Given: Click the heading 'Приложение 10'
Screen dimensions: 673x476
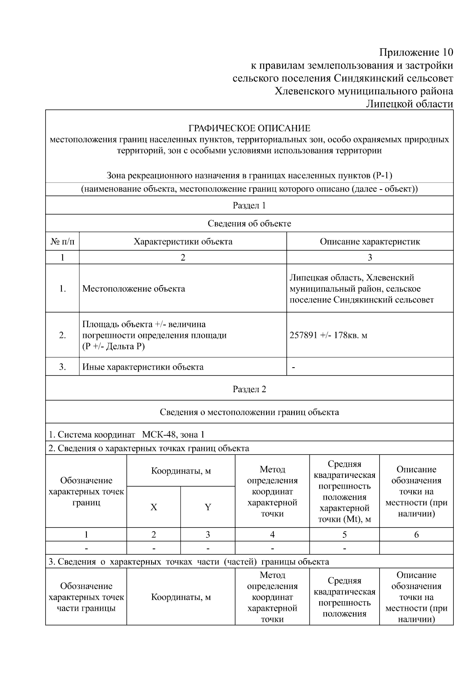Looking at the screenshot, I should (x=416, y=52).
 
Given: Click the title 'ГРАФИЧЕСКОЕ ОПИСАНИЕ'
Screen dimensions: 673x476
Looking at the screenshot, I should (x=249, y=128).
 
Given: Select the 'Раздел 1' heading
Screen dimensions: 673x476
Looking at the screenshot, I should (x=249, y=205).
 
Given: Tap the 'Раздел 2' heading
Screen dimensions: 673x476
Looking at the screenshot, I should (x=249, y=389).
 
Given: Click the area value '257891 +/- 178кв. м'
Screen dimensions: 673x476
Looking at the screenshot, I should (x=328, y=335).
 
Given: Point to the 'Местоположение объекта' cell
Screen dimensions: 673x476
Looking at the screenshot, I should (x=134, y=288).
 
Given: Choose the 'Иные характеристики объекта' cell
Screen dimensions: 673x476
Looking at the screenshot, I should (x=143, y=367).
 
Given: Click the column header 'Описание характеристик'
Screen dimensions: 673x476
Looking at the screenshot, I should (x=370, y=242).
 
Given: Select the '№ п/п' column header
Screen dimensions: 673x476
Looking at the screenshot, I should (x=62, y=242).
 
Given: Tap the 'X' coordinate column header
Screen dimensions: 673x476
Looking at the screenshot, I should (x=154, y=507).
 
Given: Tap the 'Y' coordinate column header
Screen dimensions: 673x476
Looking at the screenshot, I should (x=207, y=507).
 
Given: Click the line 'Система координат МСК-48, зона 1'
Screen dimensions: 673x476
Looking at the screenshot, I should (x=126, y=434).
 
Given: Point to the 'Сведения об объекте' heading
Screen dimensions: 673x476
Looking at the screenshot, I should (x=249, y=223).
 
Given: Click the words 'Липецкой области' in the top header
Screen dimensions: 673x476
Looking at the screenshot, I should (x=409, y=104).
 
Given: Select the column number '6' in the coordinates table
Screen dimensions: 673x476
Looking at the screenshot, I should (x=416, y=535).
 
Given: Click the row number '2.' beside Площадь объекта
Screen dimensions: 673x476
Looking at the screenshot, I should (x=62, y=335).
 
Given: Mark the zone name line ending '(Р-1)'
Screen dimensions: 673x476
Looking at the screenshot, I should (x=249, y=175).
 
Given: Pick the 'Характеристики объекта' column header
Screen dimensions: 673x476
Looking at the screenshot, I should (x=183, y=242).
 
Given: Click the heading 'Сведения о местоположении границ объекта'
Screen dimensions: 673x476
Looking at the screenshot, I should (x=249, y=412).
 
